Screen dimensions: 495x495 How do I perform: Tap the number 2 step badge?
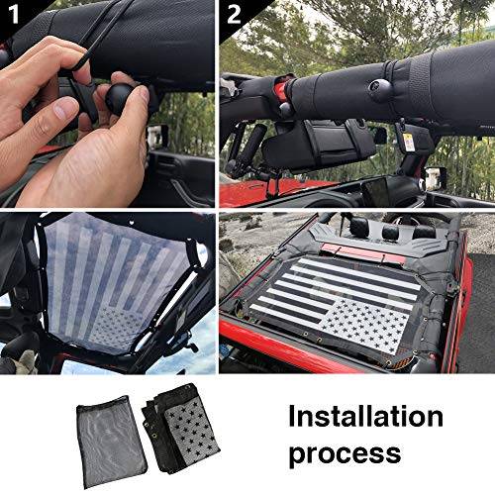[x=233, y=14]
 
